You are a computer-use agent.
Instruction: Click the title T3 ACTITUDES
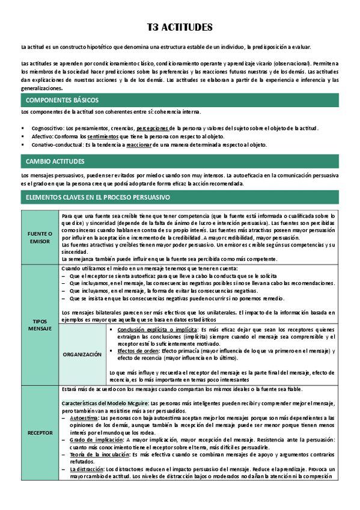pyautogui.click(x=180, y=28)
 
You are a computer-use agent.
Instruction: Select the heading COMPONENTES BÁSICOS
pyautogui.click(x=63, y=100)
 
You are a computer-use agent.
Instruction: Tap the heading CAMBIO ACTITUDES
pyautogui.click(x=55, y=162)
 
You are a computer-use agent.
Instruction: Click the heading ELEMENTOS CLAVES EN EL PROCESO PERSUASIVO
pyautogui.click(x=98, y=197)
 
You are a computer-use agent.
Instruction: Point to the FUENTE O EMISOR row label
pyautogui.click(x=40, y=236)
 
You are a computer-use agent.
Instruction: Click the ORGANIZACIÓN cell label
pyautogui.click(x=82, y=354)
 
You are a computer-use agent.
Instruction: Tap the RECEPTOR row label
pyautogui.click(x=40, y=432)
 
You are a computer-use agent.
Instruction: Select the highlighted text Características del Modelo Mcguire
pyautogui.click(x=105, y=402)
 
